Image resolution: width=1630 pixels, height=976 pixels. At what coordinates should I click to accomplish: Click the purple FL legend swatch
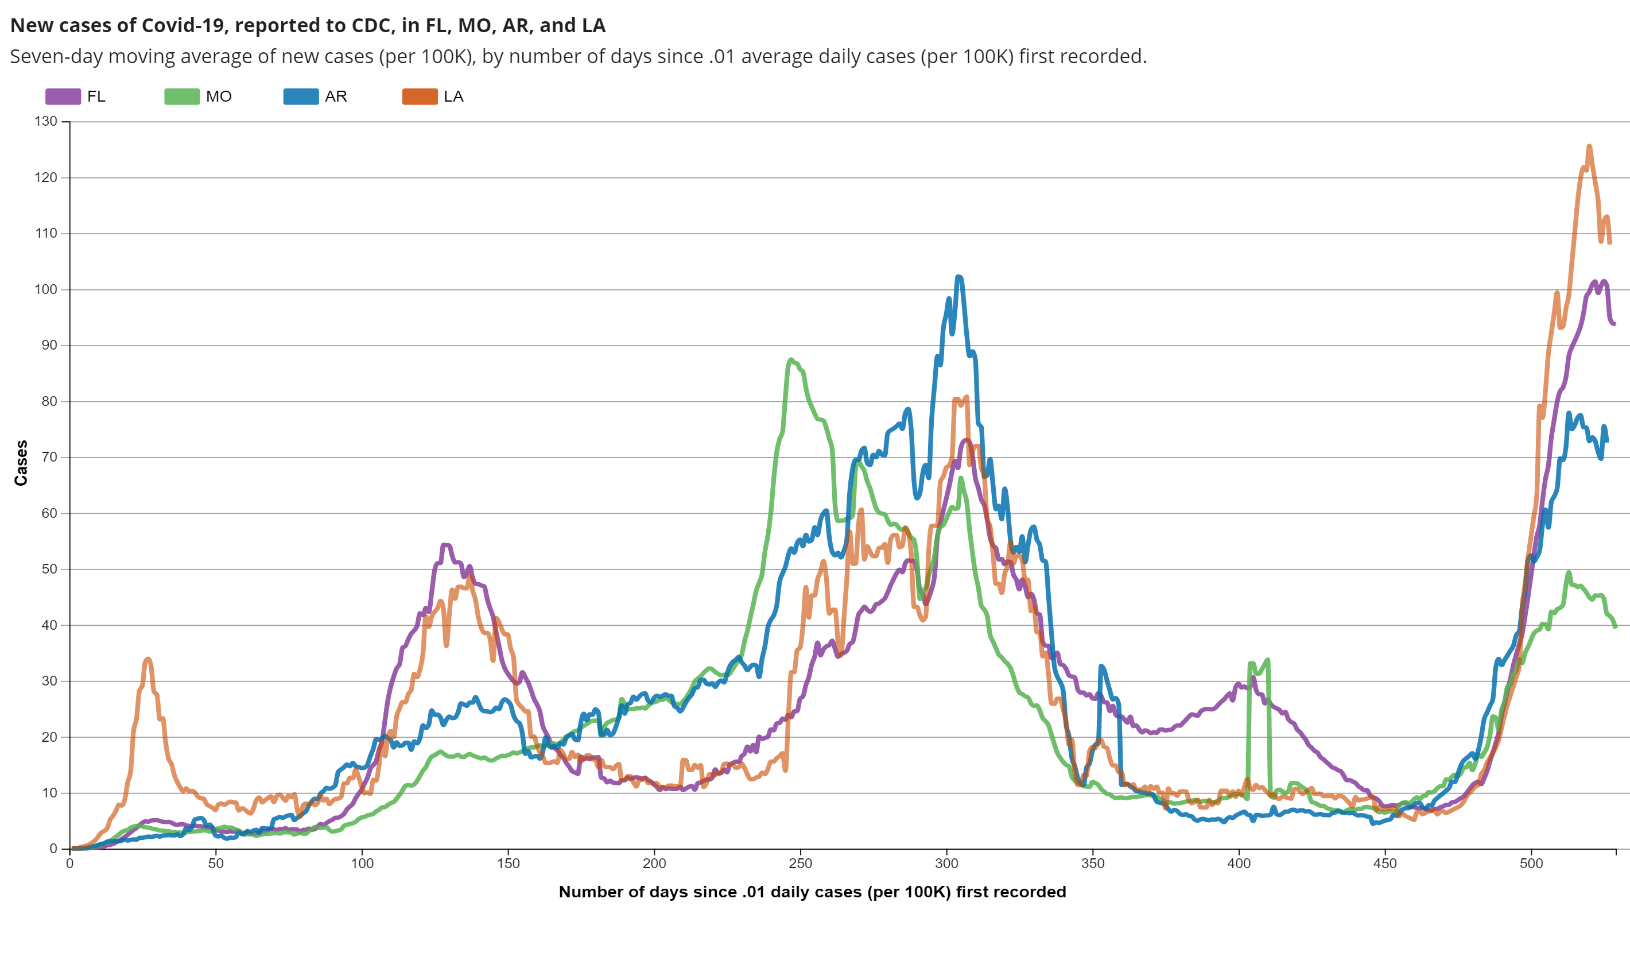[63, 96]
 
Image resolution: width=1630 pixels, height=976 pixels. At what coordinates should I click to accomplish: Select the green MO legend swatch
[181, 96]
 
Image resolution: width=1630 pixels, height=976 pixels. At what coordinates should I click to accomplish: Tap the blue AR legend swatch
[301, 96]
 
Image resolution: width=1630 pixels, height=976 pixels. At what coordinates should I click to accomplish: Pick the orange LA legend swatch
[420, 96]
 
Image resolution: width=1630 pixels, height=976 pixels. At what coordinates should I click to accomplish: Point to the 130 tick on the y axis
[46, 121]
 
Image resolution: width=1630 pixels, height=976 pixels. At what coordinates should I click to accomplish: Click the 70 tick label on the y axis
[49, 457]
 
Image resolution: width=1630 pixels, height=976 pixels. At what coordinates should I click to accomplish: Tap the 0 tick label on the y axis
[53, 849]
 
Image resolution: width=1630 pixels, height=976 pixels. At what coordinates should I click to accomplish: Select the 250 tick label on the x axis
[800, 863]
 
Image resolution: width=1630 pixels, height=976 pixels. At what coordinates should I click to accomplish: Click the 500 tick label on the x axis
[1531, 863]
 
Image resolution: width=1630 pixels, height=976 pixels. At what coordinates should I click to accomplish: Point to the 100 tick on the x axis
[362, 863]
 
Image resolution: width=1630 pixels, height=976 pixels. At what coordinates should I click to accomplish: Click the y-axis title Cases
[21, 463]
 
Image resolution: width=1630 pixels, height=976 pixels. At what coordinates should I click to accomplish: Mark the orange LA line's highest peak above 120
[1589, 146]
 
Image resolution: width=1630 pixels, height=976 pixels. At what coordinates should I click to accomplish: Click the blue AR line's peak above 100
[958, 277]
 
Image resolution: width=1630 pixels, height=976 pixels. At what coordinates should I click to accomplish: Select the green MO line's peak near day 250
[791, 360]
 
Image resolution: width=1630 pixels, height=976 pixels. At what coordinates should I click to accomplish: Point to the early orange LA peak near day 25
[148, 659]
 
